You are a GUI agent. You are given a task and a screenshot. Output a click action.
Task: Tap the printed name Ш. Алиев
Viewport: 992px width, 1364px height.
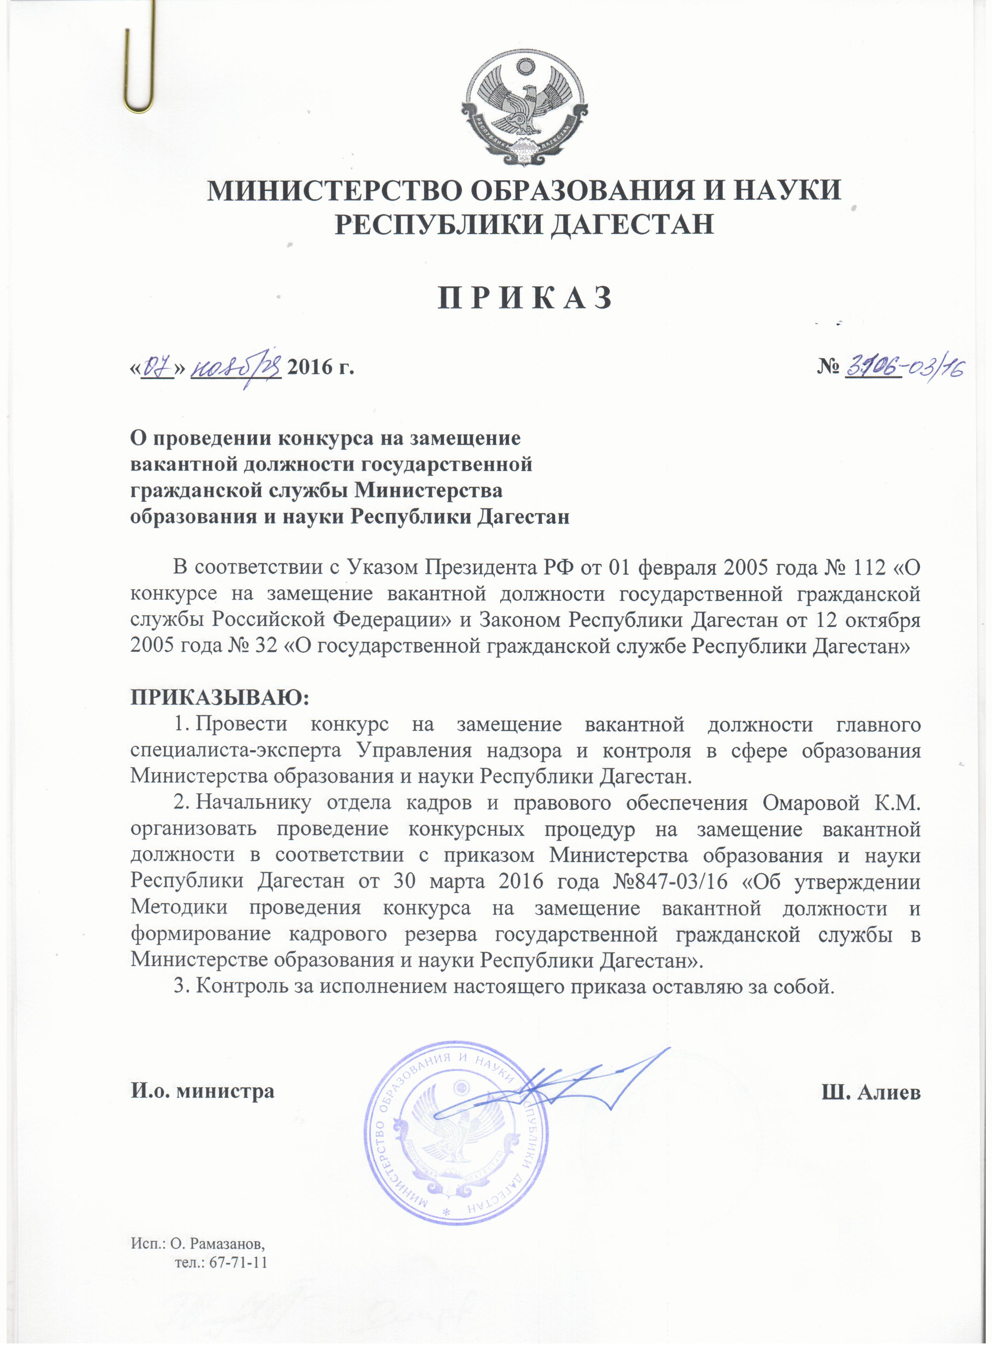coord(871,1092)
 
